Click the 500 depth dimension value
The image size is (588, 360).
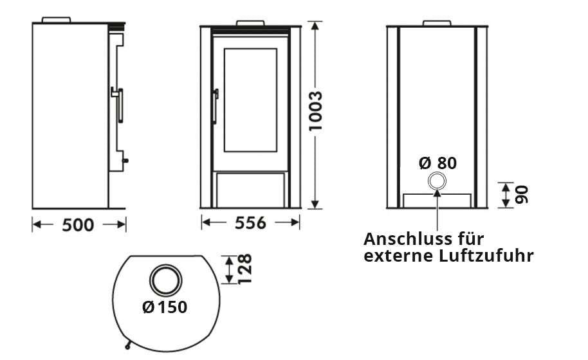point(78,225)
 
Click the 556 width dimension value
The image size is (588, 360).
point(250,223)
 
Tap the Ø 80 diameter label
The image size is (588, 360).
point(437,163)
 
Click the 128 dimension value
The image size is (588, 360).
point(245,269)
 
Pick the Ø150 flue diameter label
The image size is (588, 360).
point(165,307)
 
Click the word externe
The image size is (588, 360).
point(394,256)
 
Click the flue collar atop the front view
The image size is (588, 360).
point(250,24)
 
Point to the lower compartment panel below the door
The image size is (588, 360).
point(250,190)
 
